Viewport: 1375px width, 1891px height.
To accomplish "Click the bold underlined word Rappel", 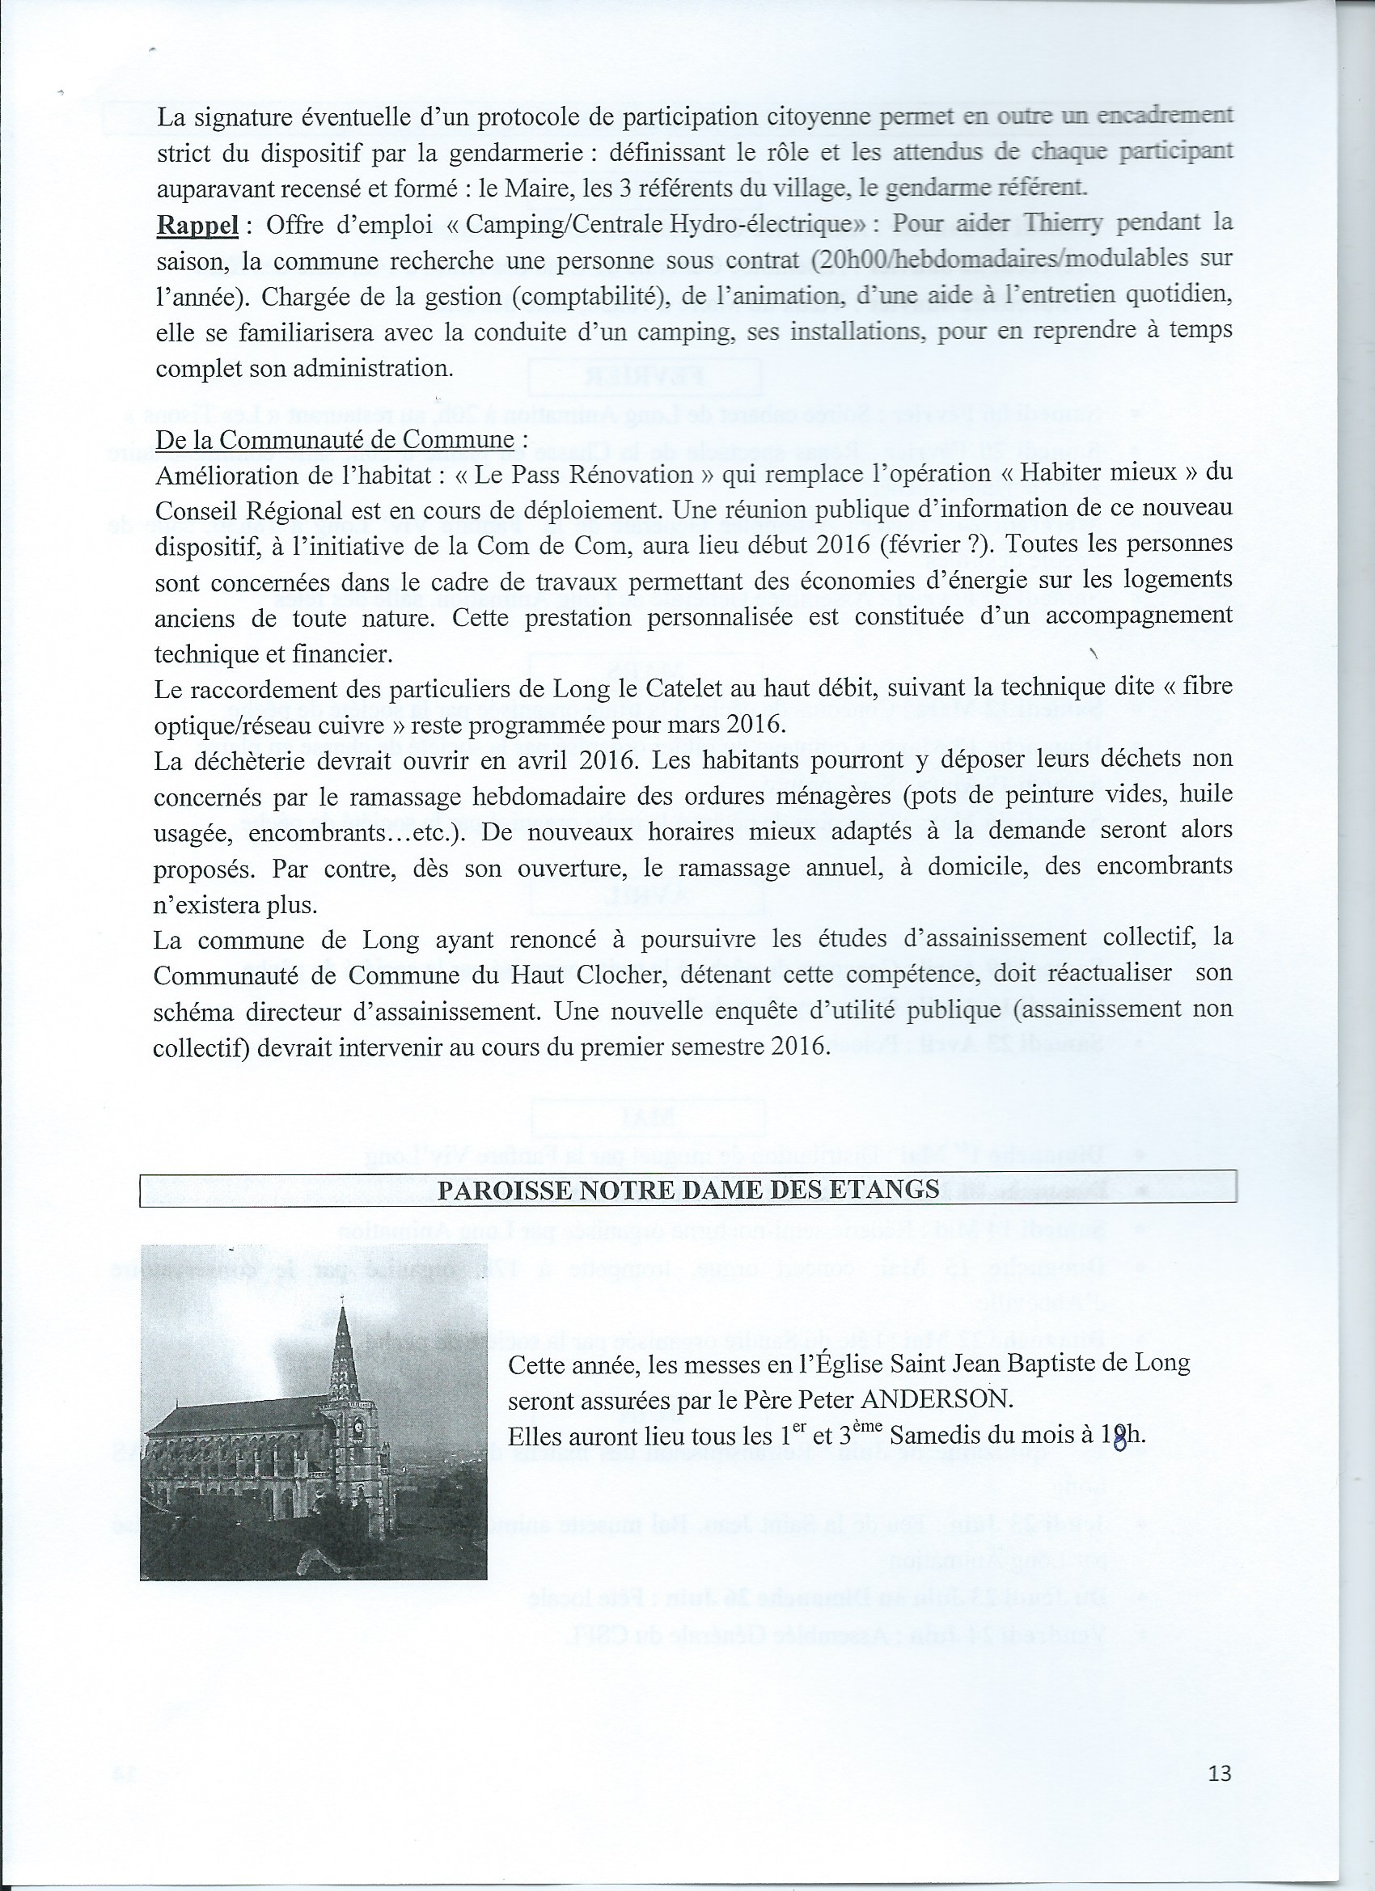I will [197, 225].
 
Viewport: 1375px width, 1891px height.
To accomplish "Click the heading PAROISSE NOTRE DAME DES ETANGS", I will [688, 1188].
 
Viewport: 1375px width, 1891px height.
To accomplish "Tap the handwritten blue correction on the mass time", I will [1119, 1437].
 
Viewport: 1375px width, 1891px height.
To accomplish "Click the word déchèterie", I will [251, 760].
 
